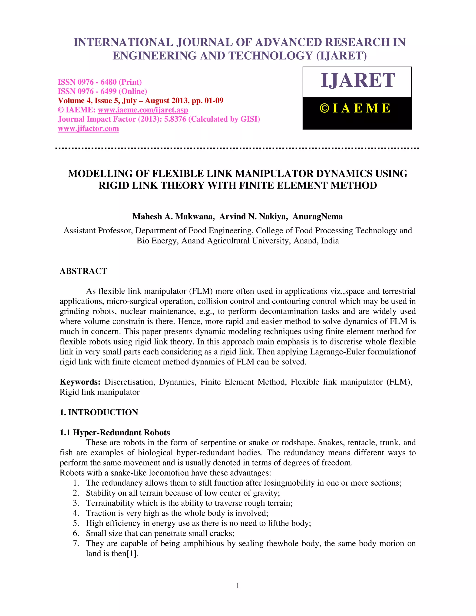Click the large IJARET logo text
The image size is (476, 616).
[x=357, y=81]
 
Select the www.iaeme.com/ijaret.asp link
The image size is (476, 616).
[x=143, y=110]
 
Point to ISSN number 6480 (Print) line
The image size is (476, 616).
[x=99, y=82]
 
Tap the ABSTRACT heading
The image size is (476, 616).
[x=83, y=271]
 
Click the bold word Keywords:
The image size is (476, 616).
[x=80, y=382]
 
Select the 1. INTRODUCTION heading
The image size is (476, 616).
[x=99, y=412]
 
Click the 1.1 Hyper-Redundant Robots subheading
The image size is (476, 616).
[x=115, y=432]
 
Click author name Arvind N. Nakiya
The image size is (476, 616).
[x=253, y=217]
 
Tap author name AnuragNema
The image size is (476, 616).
[x=317, y=217]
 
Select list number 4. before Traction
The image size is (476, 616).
[x=76, y=513]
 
